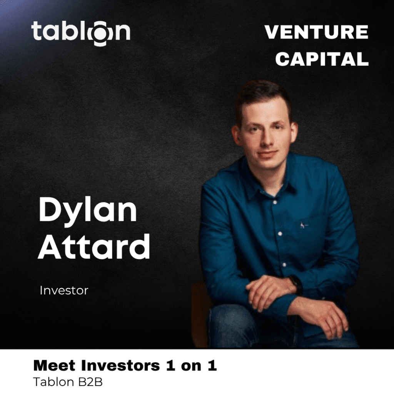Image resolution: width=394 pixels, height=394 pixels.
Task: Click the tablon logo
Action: point(81,32)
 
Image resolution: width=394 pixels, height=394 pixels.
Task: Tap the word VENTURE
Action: point(317,32)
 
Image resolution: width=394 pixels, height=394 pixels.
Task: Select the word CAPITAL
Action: point(322,59)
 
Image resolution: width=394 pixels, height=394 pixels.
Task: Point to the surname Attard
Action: point(94,247)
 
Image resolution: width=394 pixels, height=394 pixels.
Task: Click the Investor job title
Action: point(64,290)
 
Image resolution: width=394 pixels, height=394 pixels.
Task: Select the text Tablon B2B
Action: point(68,382)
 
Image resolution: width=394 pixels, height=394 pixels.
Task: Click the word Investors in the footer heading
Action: point(120,366)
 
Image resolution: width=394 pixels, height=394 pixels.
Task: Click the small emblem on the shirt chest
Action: point(303,225)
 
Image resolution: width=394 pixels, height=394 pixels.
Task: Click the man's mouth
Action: point(267,154)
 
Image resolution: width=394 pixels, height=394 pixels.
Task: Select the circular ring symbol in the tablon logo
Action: point(100,34)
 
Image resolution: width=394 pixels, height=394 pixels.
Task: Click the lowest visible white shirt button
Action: point(284,265)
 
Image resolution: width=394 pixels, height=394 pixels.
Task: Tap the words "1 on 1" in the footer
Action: point(191,366)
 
